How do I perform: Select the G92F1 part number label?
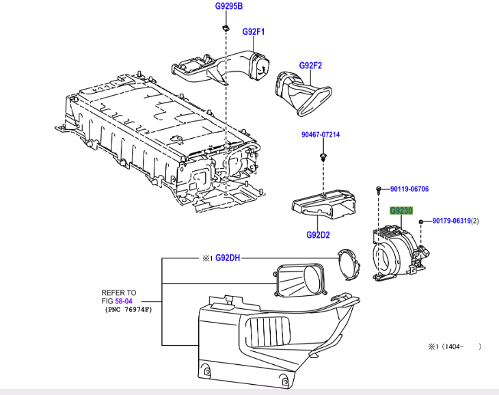point(253,31)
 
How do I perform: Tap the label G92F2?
point(310,66)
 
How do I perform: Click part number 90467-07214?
point(321,135)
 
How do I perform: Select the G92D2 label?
point(319,236)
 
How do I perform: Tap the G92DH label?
point(228,258)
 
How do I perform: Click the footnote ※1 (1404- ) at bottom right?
point(454,347)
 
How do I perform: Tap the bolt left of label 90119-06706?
point(379,189)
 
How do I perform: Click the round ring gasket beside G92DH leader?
point(351,263)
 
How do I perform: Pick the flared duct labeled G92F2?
point(304,92)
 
